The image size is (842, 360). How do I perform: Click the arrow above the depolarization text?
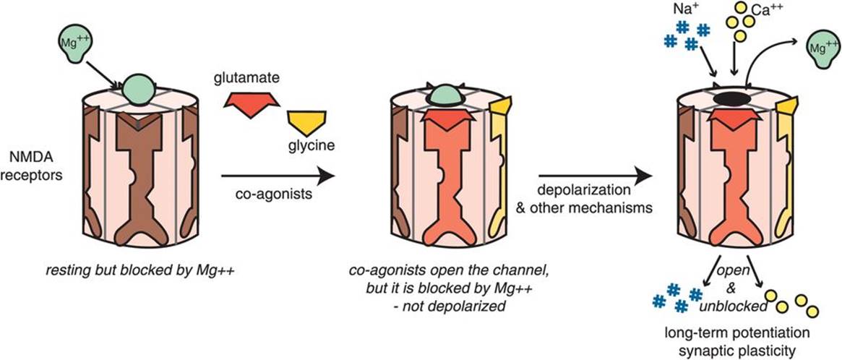point(592,175)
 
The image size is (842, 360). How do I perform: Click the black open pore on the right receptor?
point(731,99)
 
